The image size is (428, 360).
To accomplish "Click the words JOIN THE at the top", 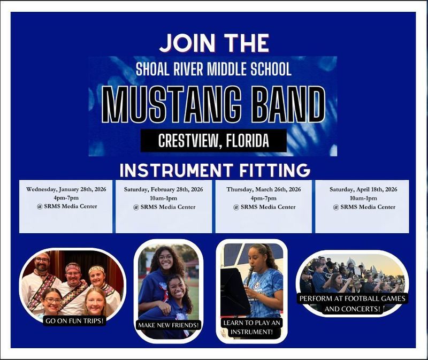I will pyautogui.click(x=214, y=43).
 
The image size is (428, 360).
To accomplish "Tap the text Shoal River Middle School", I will pyautogui.click(x=213, y=69).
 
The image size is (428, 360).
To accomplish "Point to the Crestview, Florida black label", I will pyautogui.click(x=213, y=141).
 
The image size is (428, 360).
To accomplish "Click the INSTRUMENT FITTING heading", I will pyautogui.click(x=215, y=170).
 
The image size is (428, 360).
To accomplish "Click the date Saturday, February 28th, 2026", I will pyautogui.click(x=164, y=189).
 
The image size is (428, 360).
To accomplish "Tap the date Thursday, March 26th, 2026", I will pyautogui.click(x=264, y=189).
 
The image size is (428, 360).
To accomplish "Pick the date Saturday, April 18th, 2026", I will pyautogui.click(x=363, y=189).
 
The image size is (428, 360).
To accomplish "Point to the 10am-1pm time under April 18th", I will pyautogui.click(x=363, y=198).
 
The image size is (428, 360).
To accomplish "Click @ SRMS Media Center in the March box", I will pyautogui.click(x=264, y=207).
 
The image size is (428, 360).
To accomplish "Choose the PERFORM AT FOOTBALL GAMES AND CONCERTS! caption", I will pyautogui.click(x=352, y=303).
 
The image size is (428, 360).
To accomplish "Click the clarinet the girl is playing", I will pyautogui.click(x=249, y=276).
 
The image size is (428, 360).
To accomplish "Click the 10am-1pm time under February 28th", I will pyautogui.click(x=164, y=198).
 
